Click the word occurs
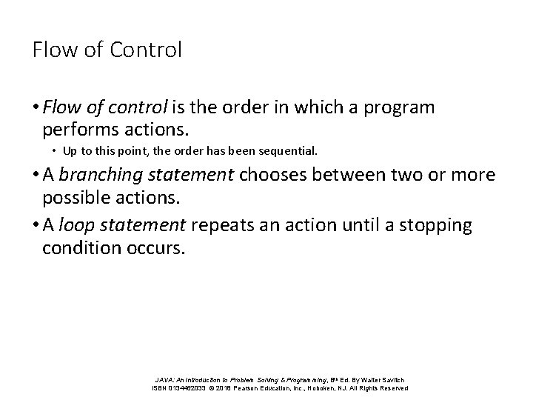coord(156,247)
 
